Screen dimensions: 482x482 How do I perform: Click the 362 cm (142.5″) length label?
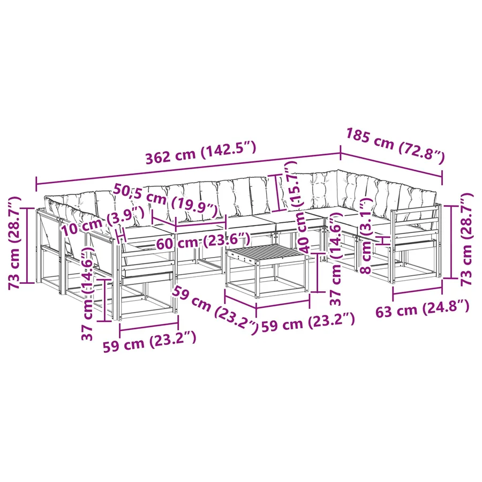(x=201, y=153)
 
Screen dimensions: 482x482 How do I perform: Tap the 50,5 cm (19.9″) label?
(x=165, y=201)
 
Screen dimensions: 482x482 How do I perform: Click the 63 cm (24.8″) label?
(x=423, y=309)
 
